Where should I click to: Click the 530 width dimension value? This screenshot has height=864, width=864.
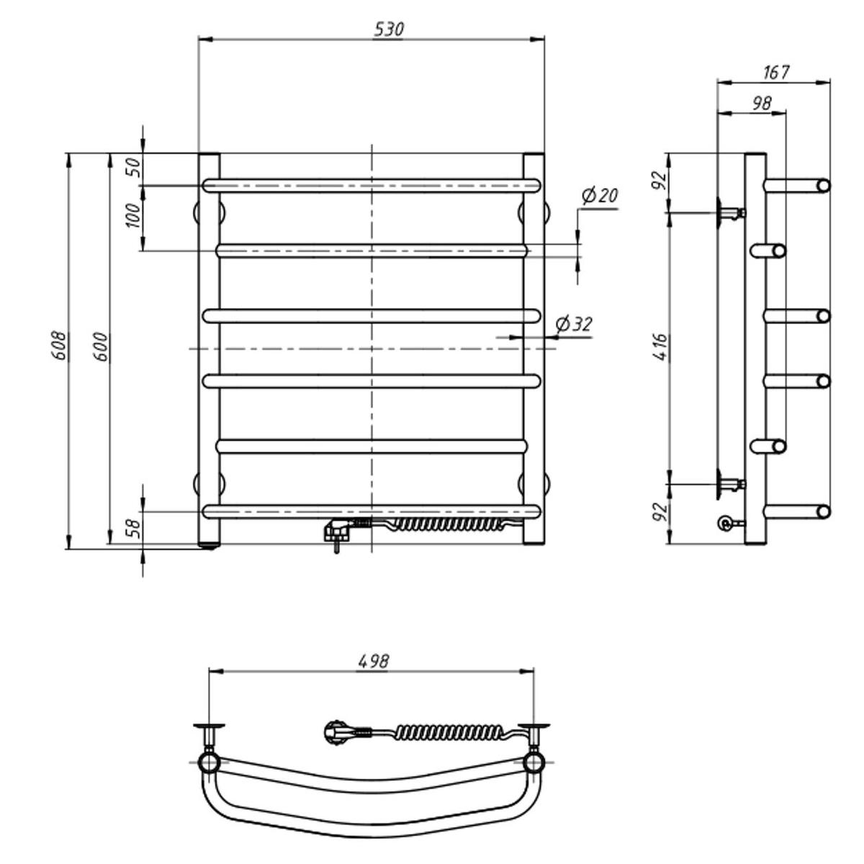click(389, 30)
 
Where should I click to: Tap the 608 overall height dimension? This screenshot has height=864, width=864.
click(59, 346)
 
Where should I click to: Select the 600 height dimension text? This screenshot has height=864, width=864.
click(101, 346)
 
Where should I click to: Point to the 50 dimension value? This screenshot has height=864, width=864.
click(135, 167)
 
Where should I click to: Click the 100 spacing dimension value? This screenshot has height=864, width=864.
click(132, 215)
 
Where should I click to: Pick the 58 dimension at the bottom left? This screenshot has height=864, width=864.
click(135, 528)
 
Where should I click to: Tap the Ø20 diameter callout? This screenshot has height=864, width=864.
click(600, 196)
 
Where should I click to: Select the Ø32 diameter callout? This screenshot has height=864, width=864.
click(574, 324)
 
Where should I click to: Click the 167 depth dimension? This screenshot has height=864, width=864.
click(775, 72)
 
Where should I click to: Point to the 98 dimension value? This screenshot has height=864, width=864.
click(762, 104)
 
